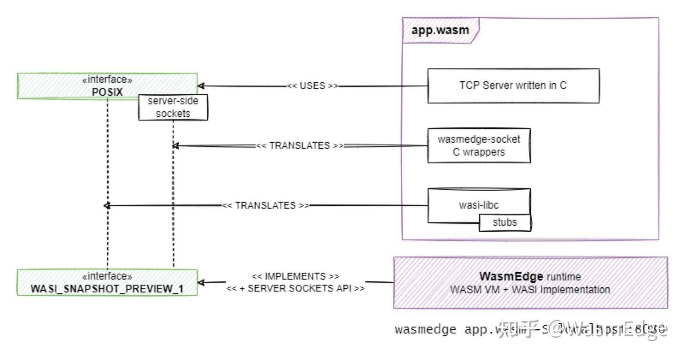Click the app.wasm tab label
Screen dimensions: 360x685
tap(440, 31)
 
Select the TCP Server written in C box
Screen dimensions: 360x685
tap(513, 86)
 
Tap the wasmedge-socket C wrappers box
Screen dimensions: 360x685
tap(479, 145)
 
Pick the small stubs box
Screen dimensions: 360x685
tap(505, 222)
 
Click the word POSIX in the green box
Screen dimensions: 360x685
tap(107, 92)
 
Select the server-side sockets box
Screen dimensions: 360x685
tap(173, 107)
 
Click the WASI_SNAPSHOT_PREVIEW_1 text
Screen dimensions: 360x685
tap(107, 289)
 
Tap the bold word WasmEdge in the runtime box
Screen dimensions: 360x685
tap(511, 276)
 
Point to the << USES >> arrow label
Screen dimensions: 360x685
tap(312, 86)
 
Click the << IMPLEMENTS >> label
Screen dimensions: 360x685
tap(295, 276)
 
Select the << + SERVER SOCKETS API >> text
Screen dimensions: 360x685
tap(295, 289)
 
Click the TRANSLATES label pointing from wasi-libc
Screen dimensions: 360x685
tap(265, 205)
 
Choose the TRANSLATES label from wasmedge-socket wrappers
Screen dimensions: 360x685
tap(299, 145)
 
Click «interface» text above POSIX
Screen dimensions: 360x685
tap(107, 80)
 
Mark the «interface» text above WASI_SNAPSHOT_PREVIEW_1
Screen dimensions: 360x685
tap(107, 276)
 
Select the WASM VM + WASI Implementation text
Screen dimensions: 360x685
tap(530, 290)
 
